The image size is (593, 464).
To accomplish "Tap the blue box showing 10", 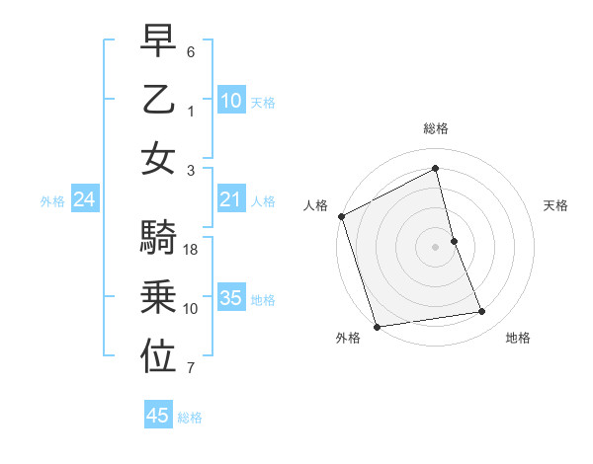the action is coord(230,100).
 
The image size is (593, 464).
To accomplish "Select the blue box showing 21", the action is coord(230,200).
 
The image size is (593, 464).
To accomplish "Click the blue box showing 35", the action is coord(230,298).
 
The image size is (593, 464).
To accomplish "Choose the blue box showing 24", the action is coord(85,200).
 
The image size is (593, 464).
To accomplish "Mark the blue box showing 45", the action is coord(158,416).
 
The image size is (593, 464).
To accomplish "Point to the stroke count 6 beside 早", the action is coord(191,50).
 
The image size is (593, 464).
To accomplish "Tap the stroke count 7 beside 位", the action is coord(191,369).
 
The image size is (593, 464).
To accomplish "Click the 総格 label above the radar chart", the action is coord(436,128).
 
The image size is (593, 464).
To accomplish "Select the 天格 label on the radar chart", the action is coord(555,205).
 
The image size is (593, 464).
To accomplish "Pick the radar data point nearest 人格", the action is coord(341,216).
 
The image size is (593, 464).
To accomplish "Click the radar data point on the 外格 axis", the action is coord(377,326).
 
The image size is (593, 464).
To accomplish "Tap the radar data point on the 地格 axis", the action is coord(482,312).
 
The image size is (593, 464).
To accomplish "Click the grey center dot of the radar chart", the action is coord(436,246).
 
